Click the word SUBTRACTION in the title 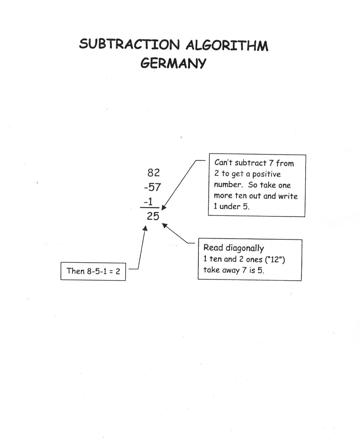(x=129, y=44)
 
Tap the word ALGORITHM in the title (x=227, y=46)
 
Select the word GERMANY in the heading (x=173, y=63)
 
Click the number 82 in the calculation (x=153, y=173)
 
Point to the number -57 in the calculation (x=152, y=187)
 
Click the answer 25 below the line (x=153, y=216)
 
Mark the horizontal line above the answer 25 (x=150, y=208)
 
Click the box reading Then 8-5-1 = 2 (x=93, y=271)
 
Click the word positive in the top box (x=266, y=174)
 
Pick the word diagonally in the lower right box (x=245, y=248)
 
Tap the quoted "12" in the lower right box (x=275, y=260)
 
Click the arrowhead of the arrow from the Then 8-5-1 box (x=145, y=228)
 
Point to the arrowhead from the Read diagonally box (x=165, y=225)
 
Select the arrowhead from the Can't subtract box (x=164, y=207)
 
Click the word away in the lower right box (x=231, y=270)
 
